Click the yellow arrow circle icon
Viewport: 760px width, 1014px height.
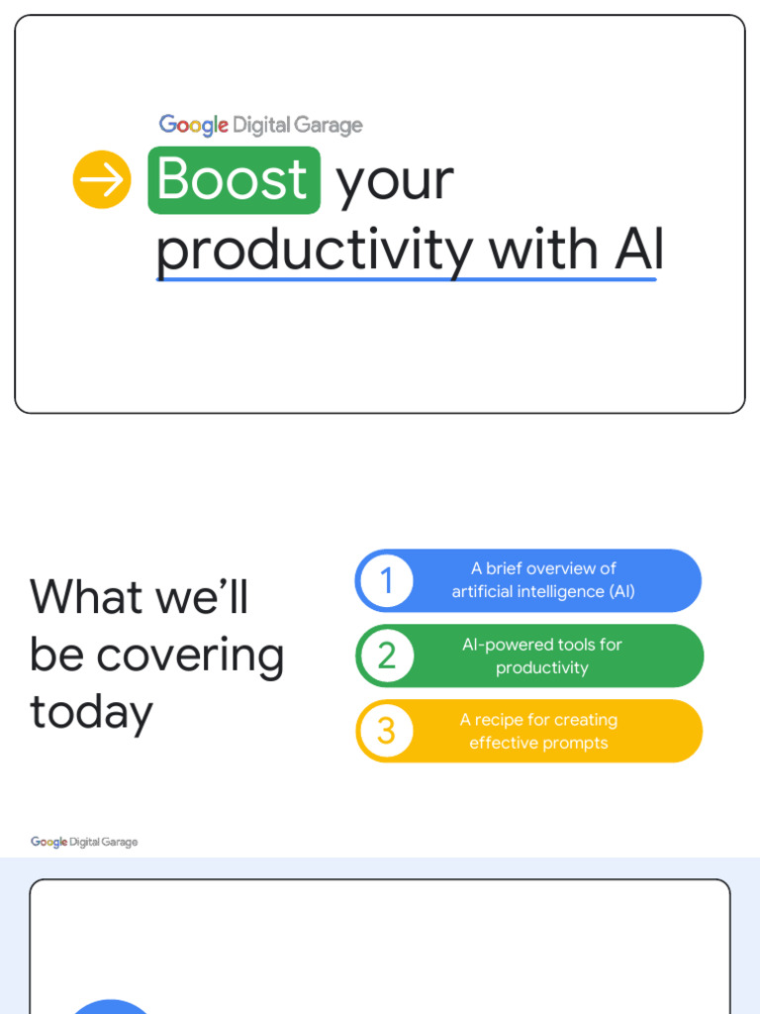(102, 180)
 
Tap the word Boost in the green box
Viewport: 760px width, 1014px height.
(234, 180)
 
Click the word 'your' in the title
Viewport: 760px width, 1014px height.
(394, 182)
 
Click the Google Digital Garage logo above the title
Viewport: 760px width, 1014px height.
(260, 125)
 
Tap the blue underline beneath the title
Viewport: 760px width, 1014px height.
(406, 279)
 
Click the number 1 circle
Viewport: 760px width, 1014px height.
(386, 580)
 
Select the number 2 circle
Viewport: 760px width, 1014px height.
(386, 656)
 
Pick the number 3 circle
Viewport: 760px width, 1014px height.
(386, 731)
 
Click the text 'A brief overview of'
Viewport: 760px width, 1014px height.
(543, 568)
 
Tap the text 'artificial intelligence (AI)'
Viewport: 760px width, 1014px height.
(543, 591)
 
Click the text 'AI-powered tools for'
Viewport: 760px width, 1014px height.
(542, 645)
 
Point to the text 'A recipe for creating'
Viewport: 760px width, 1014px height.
(538, 720)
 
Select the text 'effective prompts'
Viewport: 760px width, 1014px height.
(538, 743)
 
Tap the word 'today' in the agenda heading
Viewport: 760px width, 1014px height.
(91, 712)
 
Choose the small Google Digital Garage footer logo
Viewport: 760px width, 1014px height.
(84, 842)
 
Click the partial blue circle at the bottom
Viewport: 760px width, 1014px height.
(112, 1007)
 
